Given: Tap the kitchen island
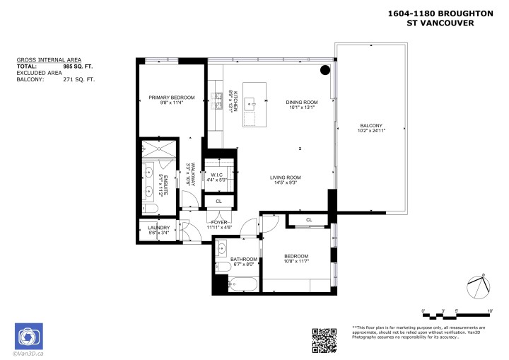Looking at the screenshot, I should pyautogui.click(x=254, y=104).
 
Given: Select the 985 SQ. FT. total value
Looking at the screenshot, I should pyautogui.click(x=78, y=66).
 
